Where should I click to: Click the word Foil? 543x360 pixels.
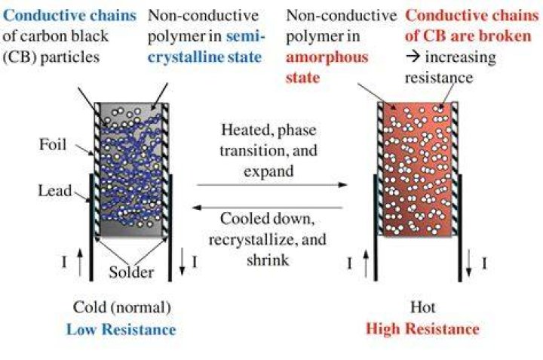(52, 144)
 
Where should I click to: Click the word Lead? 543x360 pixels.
(55, 191)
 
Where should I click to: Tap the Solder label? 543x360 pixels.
(131, 272)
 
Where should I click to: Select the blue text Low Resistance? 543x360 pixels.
(121, 329)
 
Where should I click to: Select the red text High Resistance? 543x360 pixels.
(422, 328)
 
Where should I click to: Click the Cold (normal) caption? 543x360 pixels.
(122, 307)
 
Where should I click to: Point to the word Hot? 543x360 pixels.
(422, 307)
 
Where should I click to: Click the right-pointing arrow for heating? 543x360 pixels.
(271, 185)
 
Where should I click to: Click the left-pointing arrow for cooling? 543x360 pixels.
(267, 208)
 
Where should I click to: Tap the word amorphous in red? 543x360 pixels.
(327, 57)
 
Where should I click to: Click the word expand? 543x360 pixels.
(268, 171)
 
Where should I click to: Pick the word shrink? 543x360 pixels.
(268, 260)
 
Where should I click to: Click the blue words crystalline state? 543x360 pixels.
(204, 57)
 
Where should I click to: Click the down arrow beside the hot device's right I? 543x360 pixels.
(468, 263)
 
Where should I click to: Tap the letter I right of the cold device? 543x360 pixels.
(195, 262)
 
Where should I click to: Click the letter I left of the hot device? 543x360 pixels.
(349, 264)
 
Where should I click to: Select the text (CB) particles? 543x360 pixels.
(51, 57)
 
